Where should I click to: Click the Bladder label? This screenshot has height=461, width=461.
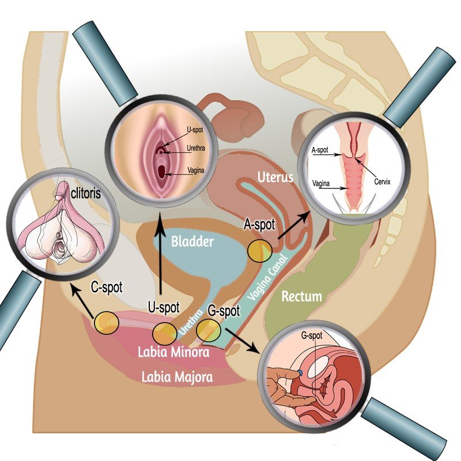[x=192, y=242]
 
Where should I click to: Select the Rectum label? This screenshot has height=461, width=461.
[x=301, y=297]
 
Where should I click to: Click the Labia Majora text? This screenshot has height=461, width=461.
[x=177, y=377]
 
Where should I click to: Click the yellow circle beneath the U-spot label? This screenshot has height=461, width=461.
[x=165, y=332]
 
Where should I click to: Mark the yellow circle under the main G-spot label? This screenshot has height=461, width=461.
[x=207, y=330]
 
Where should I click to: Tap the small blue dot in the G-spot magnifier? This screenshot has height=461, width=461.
[x=301, y=375]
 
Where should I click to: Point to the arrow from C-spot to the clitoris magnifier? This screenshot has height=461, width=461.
[x=84, y=300]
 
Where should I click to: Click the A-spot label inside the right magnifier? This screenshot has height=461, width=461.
[x=319, y=150]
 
